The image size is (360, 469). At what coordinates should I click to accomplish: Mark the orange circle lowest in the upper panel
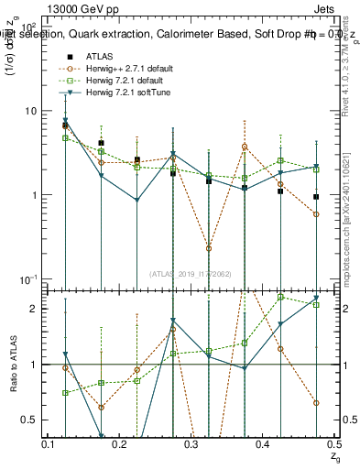(209, 248)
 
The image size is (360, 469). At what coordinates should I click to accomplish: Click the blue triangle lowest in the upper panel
(137, 201)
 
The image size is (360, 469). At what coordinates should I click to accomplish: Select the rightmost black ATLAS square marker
(315, 197)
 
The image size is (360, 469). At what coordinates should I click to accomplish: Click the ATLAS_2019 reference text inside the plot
(191, 273)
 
